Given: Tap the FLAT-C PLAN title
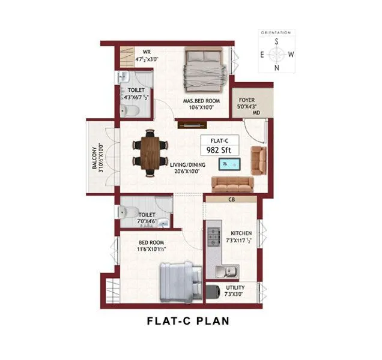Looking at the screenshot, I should click(x=188, y=320).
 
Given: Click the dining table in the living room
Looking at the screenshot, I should click(x=150, y=152).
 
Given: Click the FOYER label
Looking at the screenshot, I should click(x=246, y=100).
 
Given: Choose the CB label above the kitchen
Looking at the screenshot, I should click(x=231, y=200).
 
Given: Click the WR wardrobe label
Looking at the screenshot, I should click(x=145, y=52).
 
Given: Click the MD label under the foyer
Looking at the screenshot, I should click(x=255, y=112).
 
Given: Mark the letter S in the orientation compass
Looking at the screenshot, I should click(x=276, y=41).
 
